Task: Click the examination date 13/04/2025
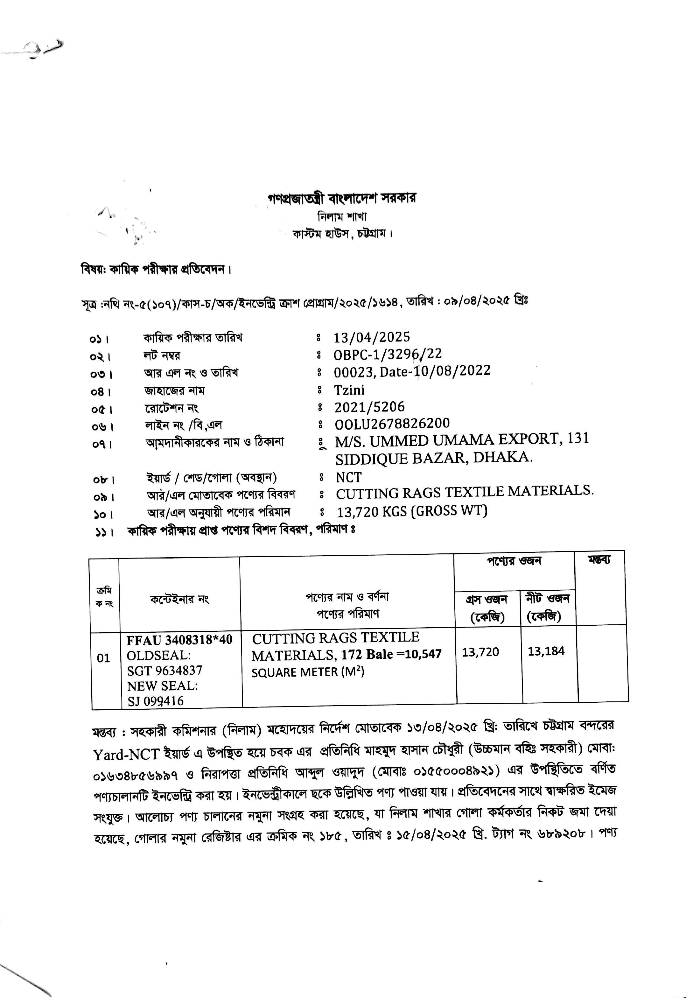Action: coord(372,337)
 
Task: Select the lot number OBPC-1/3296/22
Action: coord(388,354)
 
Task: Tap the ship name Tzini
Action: coord(349,390)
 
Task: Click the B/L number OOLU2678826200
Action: coord(392,424)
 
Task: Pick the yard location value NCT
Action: coord(349,477)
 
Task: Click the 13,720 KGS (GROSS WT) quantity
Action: coord(412,511)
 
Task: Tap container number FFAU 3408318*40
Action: coord(179,640)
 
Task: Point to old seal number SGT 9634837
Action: coord(164,671)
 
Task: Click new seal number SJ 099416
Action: coord(156,701)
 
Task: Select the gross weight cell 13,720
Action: coord(480,652)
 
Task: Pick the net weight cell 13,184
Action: coord(546,651)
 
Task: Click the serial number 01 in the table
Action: coord(103,658)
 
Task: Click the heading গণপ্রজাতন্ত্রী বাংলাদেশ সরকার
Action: coord(342,198)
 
